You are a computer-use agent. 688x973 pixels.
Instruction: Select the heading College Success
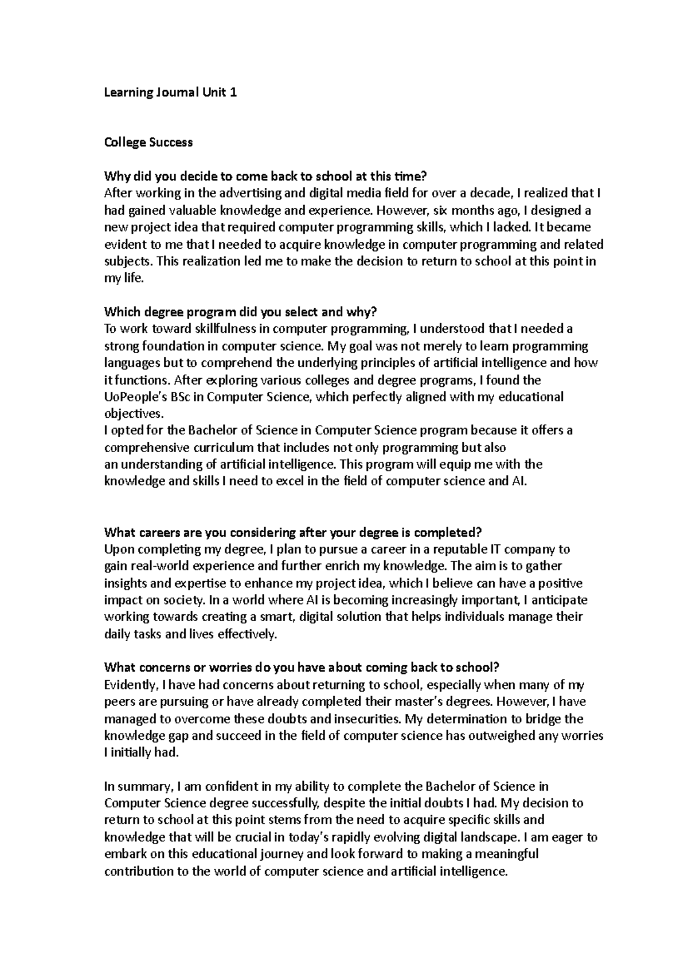point(148,142)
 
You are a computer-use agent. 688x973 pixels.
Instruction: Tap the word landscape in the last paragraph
point(487,838)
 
